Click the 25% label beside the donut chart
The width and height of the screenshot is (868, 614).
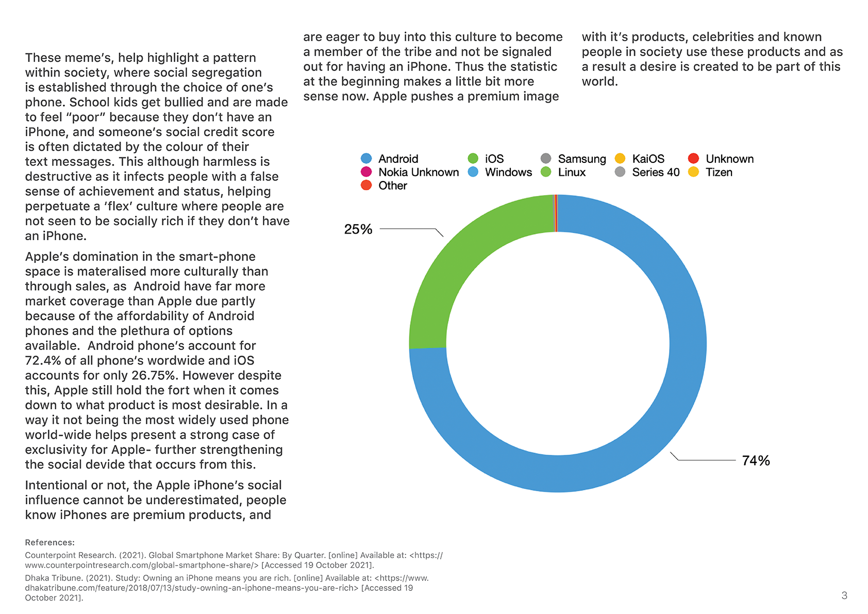pyautogui.click(x=358, y=229)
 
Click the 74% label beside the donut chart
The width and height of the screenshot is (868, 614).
pyautogui.click(x=756, y=460)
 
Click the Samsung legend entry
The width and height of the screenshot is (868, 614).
pyautogui.click(x=573, y=159)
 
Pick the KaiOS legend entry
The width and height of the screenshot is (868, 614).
pyautogui.click(x=639, y=159)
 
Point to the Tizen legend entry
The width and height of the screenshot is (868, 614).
pyautogui.click(x=710, y=172)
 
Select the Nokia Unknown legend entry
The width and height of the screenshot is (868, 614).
pyautogui.click(x=410, y=172)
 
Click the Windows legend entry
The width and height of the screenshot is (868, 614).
pyautogui.click(x=500, y=172)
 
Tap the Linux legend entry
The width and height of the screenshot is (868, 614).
pyautogui.click(x=563, y=172)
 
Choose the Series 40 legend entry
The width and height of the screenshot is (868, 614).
pyautogui.click(x=647, y=172)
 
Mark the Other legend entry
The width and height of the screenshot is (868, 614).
pyautogui.click(x=383, y=185)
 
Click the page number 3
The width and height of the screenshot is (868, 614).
pyautogui.click(x=844, y=595)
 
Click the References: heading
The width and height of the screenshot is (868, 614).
pyautogui.click(x=49, y=542)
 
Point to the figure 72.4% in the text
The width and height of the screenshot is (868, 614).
pyautogui.click(x=43, y=360)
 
